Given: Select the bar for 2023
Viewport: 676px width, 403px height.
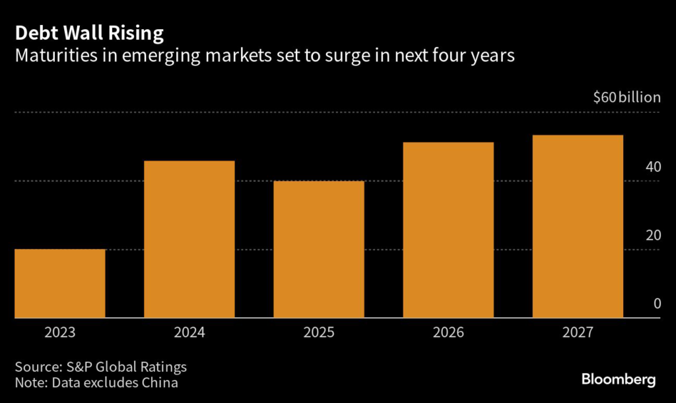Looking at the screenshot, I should [60, 283].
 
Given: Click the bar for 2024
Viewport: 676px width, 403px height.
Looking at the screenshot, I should [189, 239].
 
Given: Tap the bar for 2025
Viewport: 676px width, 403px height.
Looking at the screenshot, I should [319, 249].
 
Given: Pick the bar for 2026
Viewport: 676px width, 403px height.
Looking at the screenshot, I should [448, 230].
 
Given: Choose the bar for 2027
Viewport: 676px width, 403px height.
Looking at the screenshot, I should [578, 227].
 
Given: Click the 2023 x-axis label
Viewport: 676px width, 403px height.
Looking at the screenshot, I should [60, 332].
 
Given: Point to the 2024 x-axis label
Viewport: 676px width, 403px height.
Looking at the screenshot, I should [189, 332].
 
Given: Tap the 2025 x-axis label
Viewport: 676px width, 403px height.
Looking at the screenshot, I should [319, 332].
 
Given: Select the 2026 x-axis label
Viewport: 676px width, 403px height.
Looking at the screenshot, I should [448, 332].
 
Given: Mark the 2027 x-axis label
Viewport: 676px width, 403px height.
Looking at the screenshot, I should [578, 332].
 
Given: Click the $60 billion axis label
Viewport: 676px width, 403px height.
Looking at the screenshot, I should [626, 98].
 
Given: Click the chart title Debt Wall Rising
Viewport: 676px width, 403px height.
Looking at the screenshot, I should [90, 32].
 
